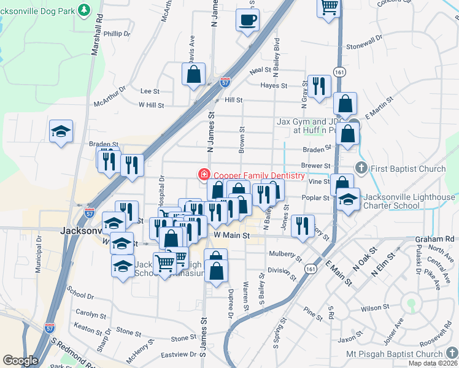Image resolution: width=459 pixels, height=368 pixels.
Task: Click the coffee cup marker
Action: (x=247, y=20)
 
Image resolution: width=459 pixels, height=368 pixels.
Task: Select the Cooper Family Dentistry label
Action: (x=257, y=175)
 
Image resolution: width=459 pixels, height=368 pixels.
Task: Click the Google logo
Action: (x=20, y=361)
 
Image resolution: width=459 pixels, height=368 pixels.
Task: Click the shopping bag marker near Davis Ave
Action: (x=193, y=74)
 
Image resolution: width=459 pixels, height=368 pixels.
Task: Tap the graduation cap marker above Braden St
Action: (x=61, y=131)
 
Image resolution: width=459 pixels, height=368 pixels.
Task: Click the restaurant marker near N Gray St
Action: (x=318, y=86)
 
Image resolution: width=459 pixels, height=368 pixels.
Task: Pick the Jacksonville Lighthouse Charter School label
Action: (x=409, y=201)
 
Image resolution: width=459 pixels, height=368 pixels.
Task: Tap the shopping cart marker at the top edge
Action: (x=329, y=7)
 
